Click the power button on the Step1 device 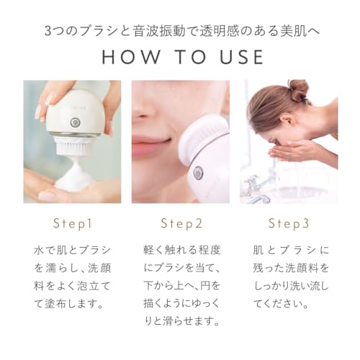pyautogui.click(x=74, y=122)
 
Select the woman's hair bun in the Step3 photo pyautogui.click(x=297, y=91)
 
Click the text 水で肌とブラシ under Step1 pyautogui.click(x=72, y=250)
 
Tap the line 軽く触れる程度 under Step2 pyautogui.click(x=180, y=250)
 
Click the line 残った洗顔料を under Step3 pyautogui.click(x=288, y=268)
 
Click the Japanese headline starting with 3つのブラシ pyautogui.click(x=180, y=30)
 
